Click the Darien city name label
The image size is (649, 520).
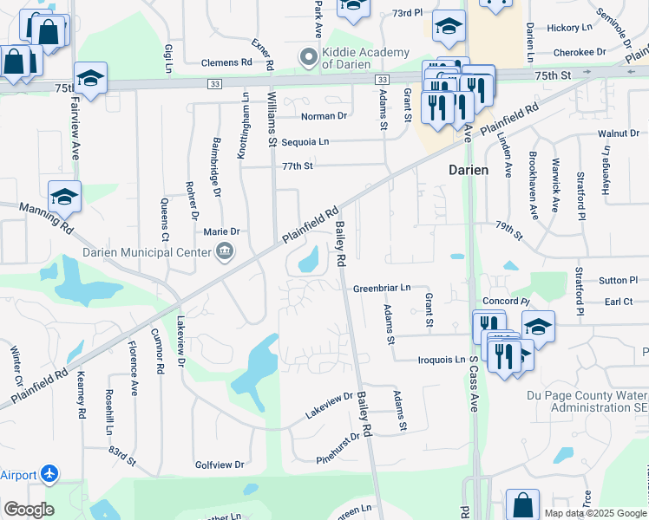click(x=469, y=170)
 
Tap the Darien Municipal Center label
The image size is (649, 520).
click(x=147, y=252)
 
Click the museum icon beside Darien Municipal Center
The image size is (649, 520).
click(x=225, y=252)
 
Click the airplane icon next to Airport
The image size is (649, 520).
click(x=50, y=475)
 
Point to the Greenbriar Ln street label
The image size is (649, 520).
click(x=382, y=287)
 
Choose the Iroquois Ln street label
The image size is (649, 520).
click(x=442, y=360)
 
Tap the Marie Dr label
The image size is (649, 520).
click(x=221, y=231)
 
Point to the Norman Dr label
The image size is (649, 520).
click(x=324, y=115)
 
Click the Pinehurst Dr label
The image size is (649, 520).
click(x=338, y=448)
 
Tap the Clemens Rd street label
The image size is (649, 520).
click(x=226, y=62)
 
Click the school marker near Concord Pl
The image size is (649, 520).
click(x=538, y=327)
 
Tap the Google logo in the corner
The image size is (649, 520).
click(x=29, y=510)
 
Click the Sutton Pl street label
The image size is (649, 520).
click(x=618, y=281)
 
